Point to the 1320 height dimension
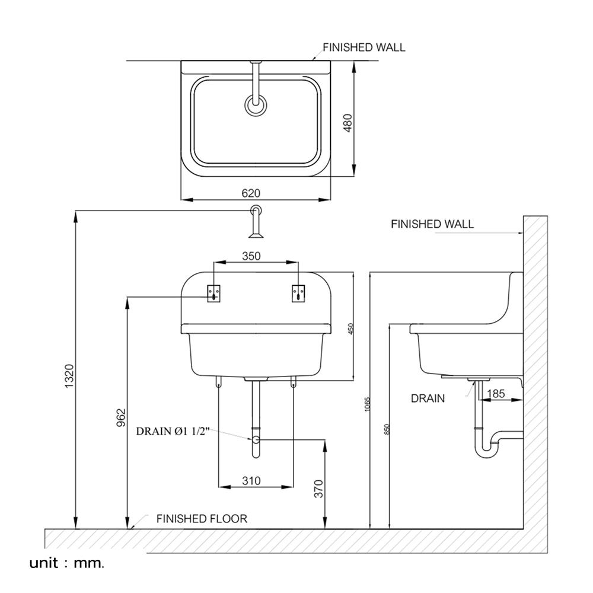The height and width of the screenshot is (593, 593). click(x=69, y=377)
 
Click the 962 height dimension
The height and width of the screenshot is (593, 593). click(x=121, y=417)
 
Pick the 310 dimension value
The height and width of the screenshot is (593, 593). click(x=251, y=481)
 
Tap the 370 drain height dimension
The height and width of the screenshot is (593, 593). click(x=319, y=487)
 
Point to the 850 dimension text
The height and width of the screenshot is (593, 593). click(x=387, y=430)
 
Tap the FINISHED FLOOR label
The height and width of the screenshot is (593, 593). click(x=202, y=519)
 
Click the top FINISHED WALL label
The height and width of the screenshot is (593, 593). click(x=364, y=47)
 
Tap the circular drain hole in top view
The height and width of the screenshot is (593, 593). click(x=256, y=106)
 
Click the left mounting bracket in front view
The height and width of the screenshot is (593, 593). click(x=213, y=293)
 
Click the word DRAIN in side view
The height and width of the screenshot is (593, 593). click(x=428, y=398)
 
